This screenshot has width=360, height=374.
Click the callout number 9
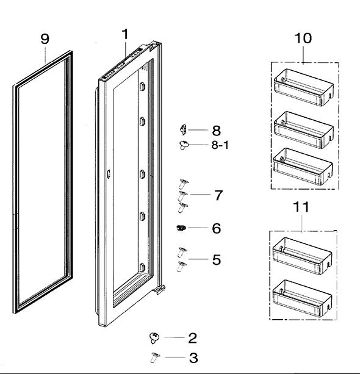pos(45,38)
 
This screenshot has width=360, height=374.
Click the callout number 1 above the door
pos(125,34)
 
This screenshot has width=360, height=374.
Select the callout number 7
pos(218,195)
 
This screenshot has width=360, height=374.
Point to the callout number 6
pos(216,229)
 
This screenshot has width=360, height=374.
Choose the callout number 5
pos(216,260)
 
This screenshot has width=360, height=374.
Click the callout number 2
pos(192,337)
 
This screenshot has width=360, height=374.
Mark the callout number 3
pos(193,358)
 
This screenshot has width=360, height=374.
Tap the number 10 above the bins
pos(303,38)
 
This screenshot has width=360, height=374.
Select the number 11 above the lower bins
pos(301,207)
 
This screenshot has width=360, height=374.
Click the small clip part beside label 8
pos(182,129)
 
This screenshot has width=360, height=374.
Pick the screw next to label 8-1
pos(183,145)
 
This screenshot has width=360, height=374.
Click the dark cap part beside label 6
pos(181,228)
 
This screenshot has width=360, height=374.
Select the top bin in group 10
pos(304,85)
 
